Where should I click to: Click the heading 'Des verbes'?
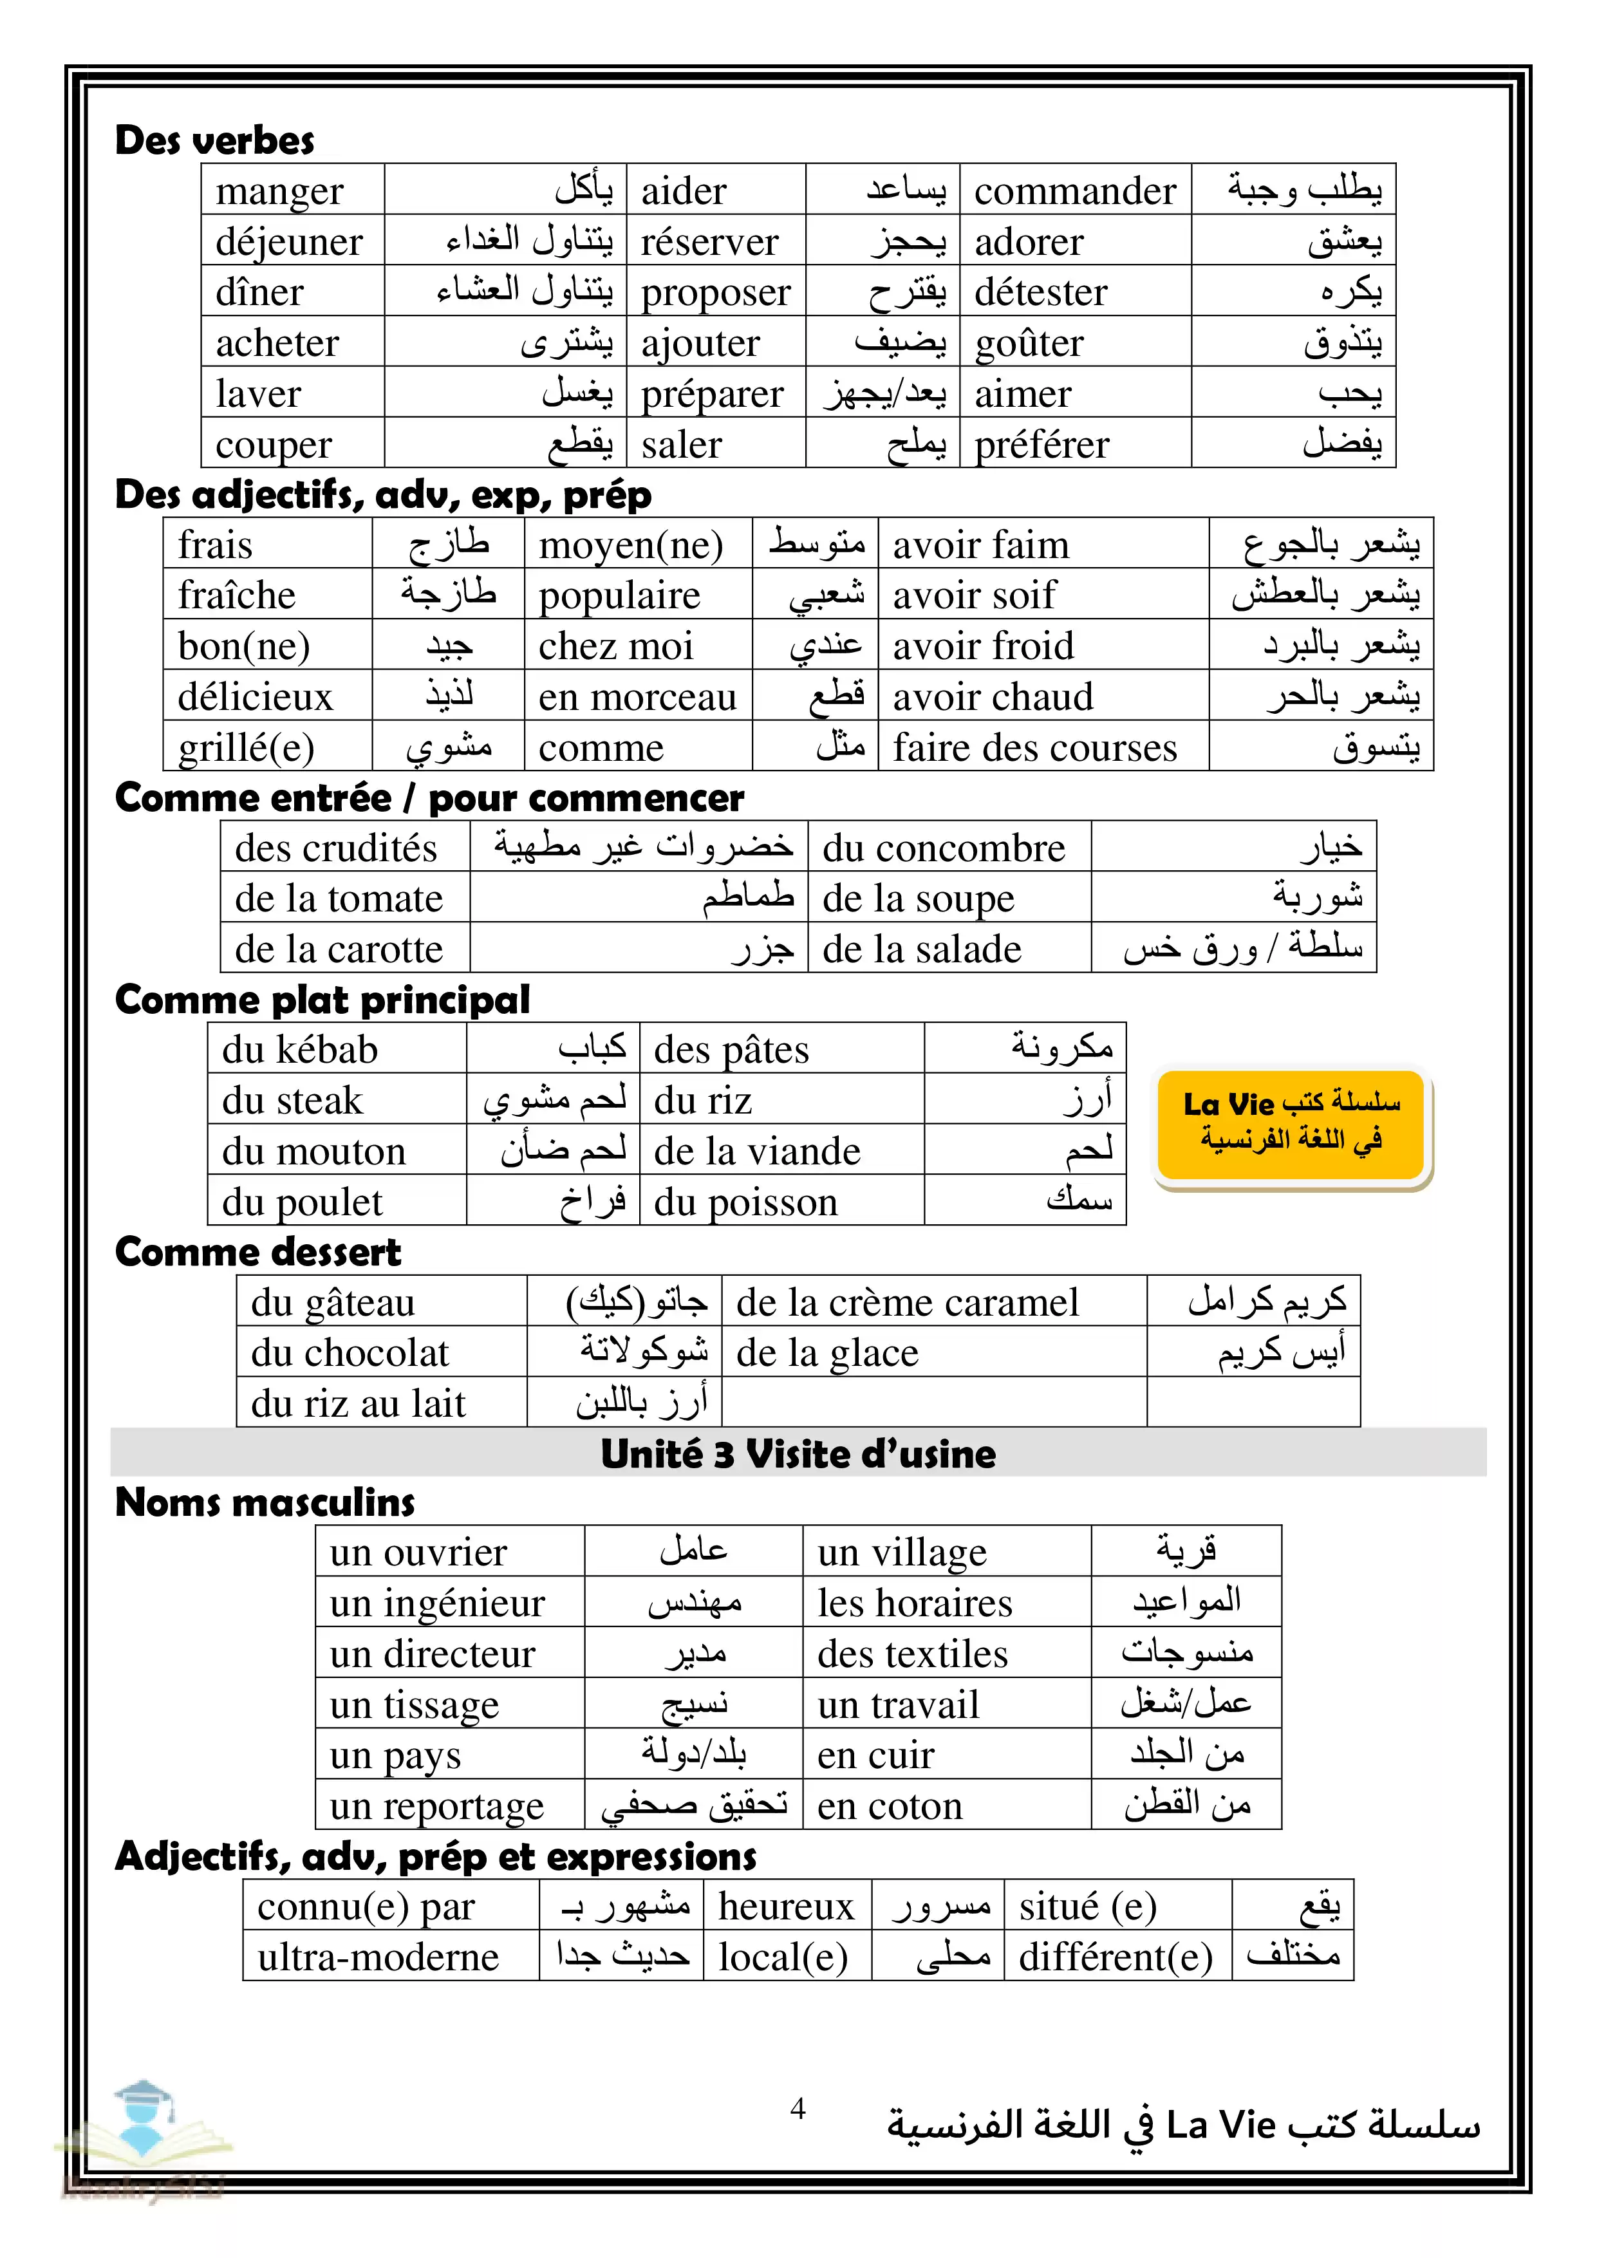point(214,140)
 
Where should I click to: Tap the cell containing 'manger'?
point(280,191)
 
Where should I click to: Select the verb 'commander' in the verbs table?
point(1075,191)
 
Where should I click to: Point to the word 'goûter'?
point(1029,343)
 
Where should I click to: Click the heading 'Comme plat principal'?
point(322,1000)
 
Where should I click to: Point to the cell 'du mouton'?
point(313,1152)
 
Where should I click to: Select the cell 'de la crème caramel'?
point(907,1303)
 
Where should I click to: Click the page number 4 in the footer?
point(798,2107)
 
